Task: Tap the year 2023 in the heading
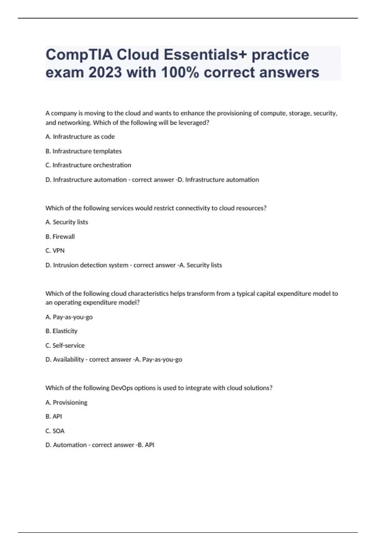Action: click(105, 73)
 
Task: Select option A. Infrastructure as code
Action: click(80, 137)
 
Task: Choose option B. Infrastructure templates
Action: click(83, 151)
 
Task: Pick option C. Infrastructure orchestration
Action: click(88, 165)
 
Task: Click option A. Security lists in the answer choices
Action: click(67, 222)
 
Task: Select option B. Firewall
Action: click(60, 236)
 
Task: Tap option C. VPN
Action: click(55, 251)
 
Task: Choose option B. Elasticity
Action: click(61, 331)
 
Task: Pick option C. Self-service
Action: click(65, 346)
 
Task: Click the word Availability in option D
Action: click(68, 360)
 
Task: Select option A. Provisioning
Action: click(66, 402)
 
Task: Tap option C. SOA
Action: click(55, 431)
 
